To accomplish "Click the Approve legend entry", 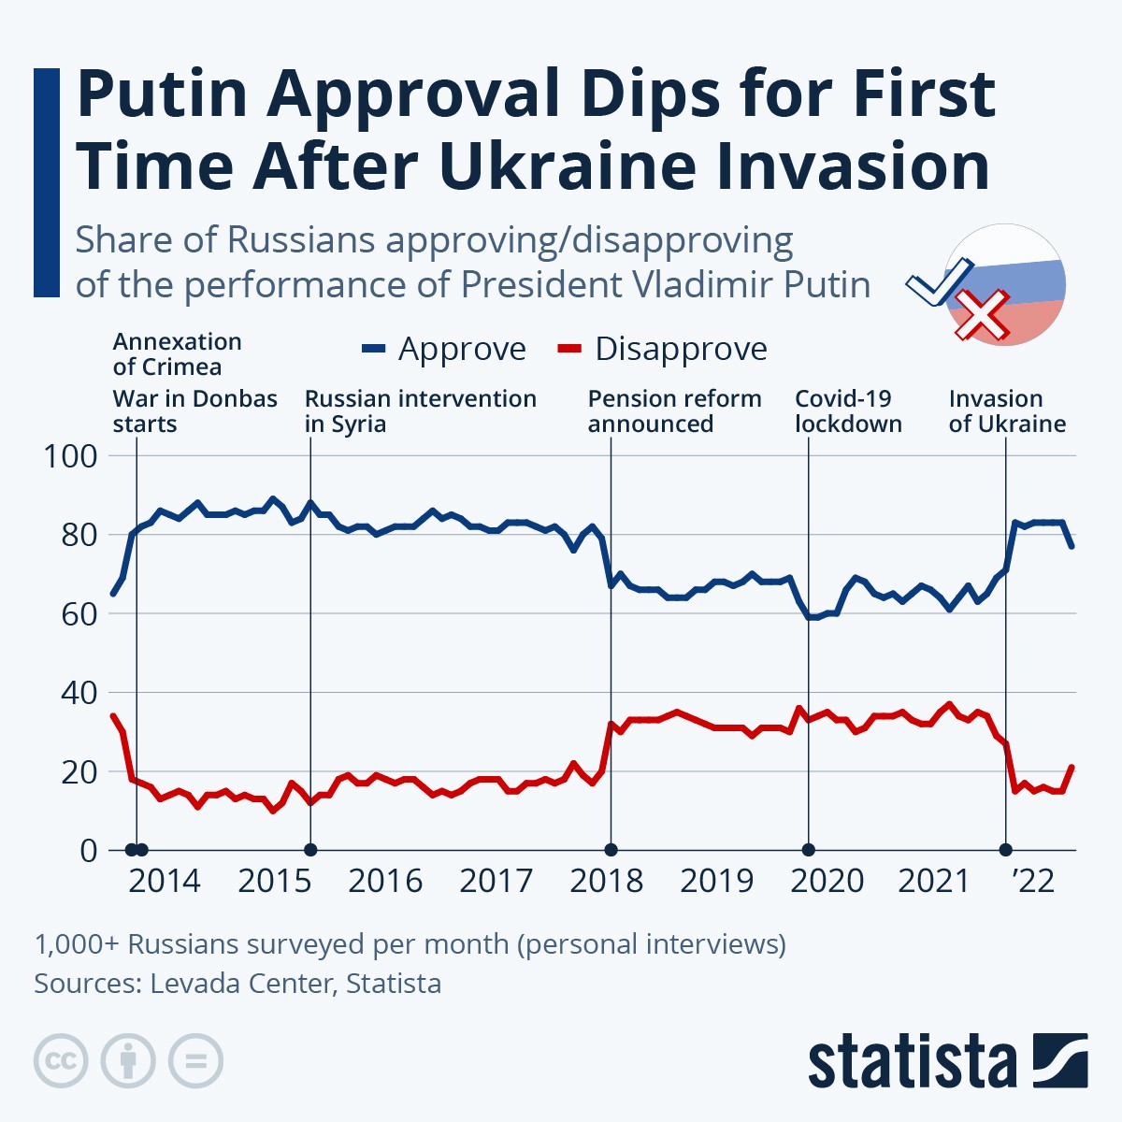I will (x=445, y=349).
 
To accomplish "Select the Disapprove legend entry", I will (x=663, y=349).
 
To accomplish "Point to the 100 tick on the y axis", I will (x=70, y=456).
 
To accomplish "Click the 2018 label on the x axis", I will (x=606, y=881).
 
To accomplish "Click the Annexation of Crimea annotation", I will (x=177, y=354).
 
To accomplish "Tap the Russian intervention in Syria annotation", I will (x=420, y=411).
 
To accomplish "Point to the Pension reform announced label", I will (x=674, y=411).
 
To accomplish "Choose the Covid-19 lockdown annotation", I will (x=848, y=411).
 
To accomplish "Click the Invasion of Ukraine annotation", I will (x=1007, y=411).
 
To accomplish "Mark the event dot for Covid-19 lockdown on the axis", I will (x=809, y=850).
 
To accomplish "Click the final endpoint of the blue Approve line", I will (x=1072, y=546).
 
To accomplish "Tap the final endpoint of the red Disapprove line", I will (x=1072, y=768).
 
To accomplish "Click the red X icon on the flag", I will (x=980, y=315).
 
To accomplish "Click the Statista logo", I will (x=947, y=1061).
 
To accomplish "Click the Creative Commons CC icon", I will (x=61, y=1061).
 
